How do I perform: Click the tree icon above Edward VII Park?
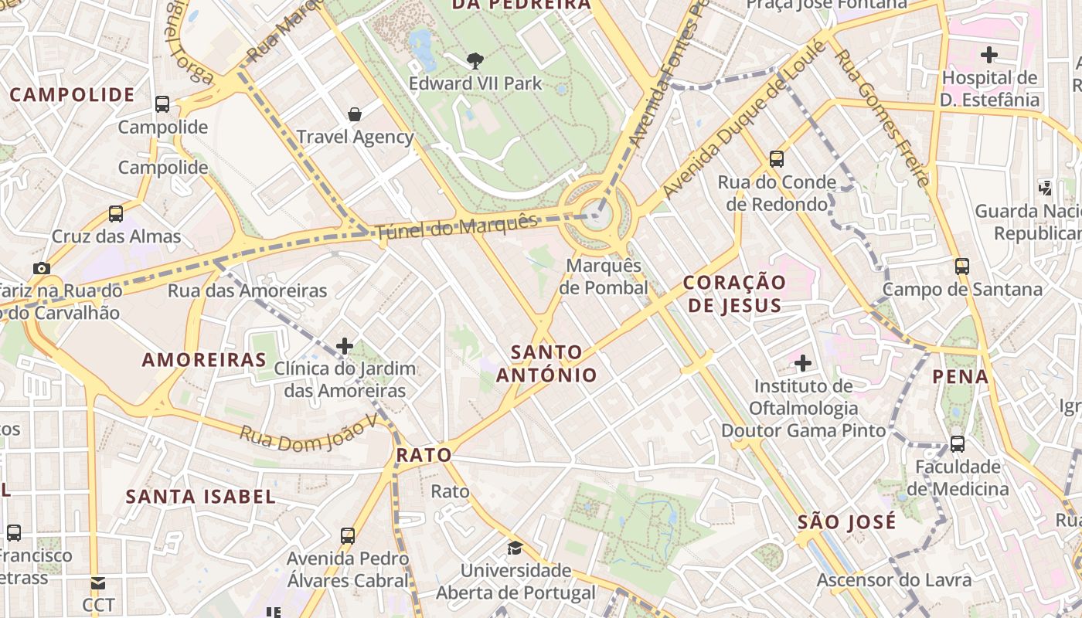click(475, 60)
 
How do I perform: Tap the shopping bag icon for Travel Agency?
click(355, 115)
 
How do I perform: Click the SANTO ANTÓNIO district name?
click(546, 364)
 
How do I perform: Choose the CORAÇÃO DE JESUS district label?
click(734, 294)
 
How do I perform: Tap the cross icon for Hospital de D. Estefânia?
click(988, 55)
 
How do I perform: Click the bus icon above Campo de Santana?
click(962, 267)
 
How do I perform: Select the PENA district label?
click(961, 377)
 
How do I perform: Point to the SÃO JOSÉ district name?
click(846, 521)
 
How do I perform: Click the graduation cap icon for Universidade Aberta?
click(515, 548)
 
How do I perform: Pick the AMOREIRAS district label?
click(204, 359)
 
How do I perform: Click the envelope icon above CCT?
click(98, 583)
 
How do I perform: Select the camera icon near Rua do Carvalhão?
click(42, 269)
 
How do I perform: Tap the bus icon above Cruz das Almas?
click(116, 214)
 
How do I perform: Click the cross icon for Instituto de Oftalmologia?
click(803, 362)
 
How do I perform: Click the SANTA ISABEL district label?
click(200, 496)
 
